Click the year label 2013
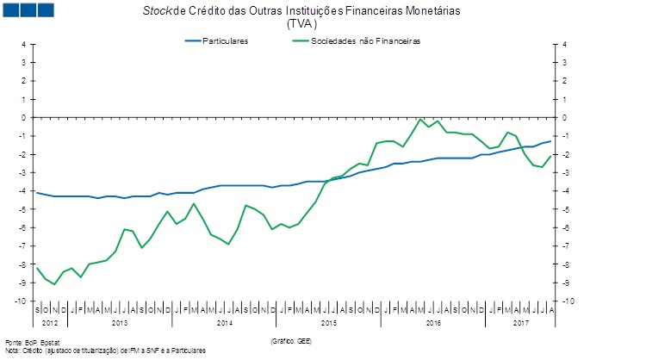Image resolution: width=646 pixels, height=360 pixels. (x=119, y=322)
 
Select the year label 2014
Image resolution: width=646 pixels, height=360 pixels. (x=224, y=322)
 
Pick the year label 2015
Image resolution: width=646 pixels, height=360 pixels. (x=328, y=322)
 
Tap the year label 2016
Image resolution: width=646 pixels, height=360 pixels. (x=432, y=322)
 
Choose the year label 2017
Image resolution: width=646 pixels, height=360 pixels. (x=519, y=322)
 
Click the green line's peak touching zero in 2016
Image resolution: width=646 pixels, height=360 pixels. (x=419, y=119)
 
